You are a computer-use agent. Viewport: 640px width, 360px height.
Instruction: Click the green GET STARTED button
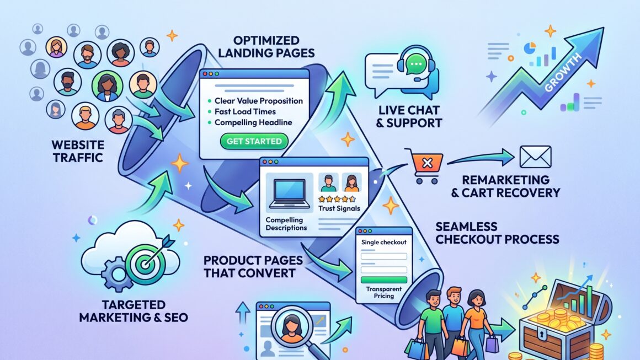[x=254, y=141]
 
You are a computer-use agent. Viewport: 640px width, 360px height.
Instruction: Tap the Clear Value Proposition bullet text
[x=259, y=101]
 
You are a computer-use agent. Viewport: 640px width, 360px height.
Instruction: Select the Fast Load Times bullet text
[x=245, y=111]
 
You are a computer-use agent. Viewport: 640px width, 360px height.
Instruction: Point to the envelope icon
[x=535, y=157]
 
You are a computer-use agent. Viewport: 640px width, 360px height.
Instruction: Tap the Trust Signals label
[x=339, y=208]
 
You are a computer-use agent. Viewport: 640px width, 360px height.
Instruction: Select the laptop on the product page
[x=290, y=194]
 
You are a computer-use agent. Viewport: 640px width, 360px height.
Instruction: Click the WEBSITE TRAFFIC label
[x=78, y=151]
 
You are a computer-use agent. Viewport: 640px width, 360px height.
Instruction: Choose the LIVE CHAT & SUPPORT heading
[x=409, y=116]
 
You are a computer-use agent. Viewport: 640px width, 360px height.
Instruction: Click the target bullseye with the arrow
[x=146, y=262]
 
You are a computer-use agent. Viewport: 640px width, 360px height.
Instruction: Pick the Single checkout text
[x=383, y=242]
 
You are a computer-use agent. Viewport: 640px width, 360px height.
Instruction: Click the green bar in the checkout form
[x=383, y=280]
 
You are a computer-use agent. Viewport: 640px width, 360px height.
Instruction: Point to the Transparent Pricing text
[x=383, y=292]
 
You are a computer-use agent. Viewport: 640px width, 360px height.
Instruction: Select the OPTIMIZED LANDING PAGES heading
[x=266, y=46]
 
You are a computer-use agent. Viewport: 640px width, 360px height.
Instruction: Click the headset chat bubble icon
[x=416, y=66]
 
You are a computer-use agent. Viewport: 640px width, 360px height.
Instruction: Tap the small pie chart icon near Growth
[x=530, y=48]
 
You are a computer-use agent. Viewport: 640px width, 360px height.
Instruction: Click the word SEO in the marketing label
[x=177, y=317]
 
